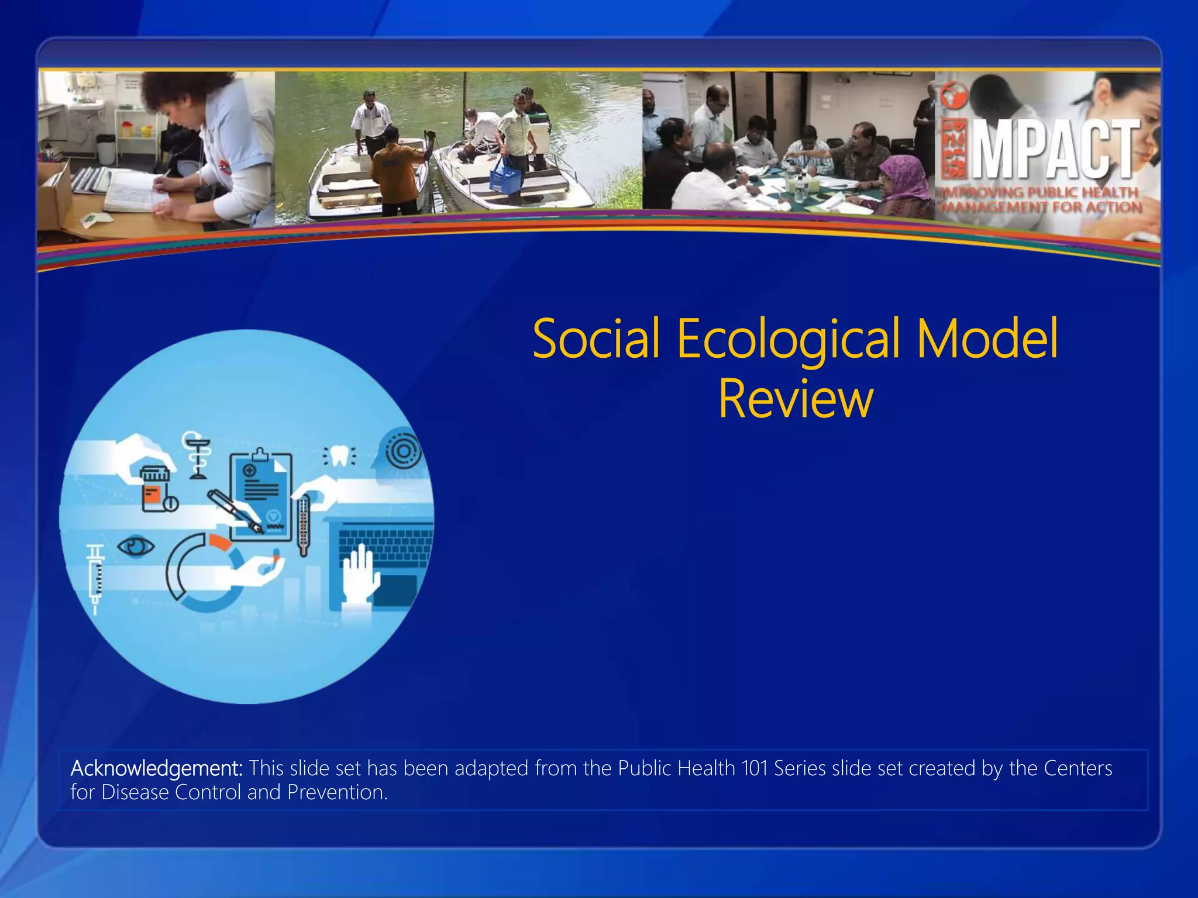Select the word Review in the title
click(x=796, y=399)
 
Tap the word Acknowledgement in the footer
click(x=156, y=768)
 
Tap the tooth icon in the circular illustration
click(x=339, y=456)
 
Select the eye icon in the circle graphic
click(x=136, y=547)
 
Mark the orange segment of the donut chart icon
click(x=220, y=543)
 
